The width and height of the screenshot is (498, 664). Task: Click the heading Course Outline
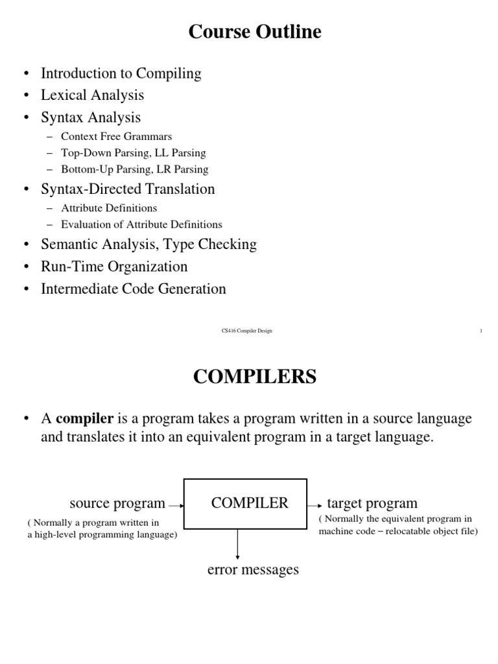click(x=255, y=32)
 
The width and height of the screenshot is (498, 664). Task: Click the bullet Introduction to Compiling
click(x=121, y=73)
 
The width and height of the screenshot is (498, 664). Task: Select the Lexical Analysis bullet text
click(x=92, y=95)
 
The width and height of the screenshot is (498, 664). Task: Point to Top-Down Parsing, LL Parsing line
click(x=133, y=153)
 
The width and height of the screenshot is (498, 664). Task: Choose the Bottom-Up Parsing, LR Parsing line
click(x=134, y=169)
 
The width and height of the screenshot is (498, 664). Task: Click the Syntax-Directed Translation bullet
click(x=128, y=189)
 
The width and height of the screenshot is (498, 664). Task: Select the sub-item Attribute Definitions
click(x=109, y=208)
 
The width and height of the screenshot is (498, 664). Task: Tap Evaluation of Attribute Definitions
click(x=141, y=224)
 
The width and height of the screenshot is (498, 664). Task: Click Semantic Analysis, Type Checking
click(x=148, y=244)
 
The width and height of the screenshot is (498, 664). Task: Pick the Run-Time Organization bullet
click(x=114, y=267)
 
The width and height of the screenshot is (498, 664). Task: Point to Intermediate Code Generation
click(x=134, y=289)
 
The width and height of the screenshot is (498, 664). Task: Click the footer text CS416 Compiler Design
click(x=247, y=331)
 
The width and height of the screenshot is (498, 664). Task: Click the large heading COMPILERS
click(x=255, y=377)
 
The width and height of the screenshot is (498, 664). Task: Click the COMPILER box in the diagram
click(x=246, y=503)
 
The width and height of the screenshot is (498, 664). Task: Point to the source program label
click(x=117, y=503)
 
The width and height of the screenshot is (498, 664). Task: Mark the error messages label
click(x=253, y=570)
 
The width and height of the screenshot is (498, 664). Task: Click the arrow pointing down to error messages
click(x=238, y=544)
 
